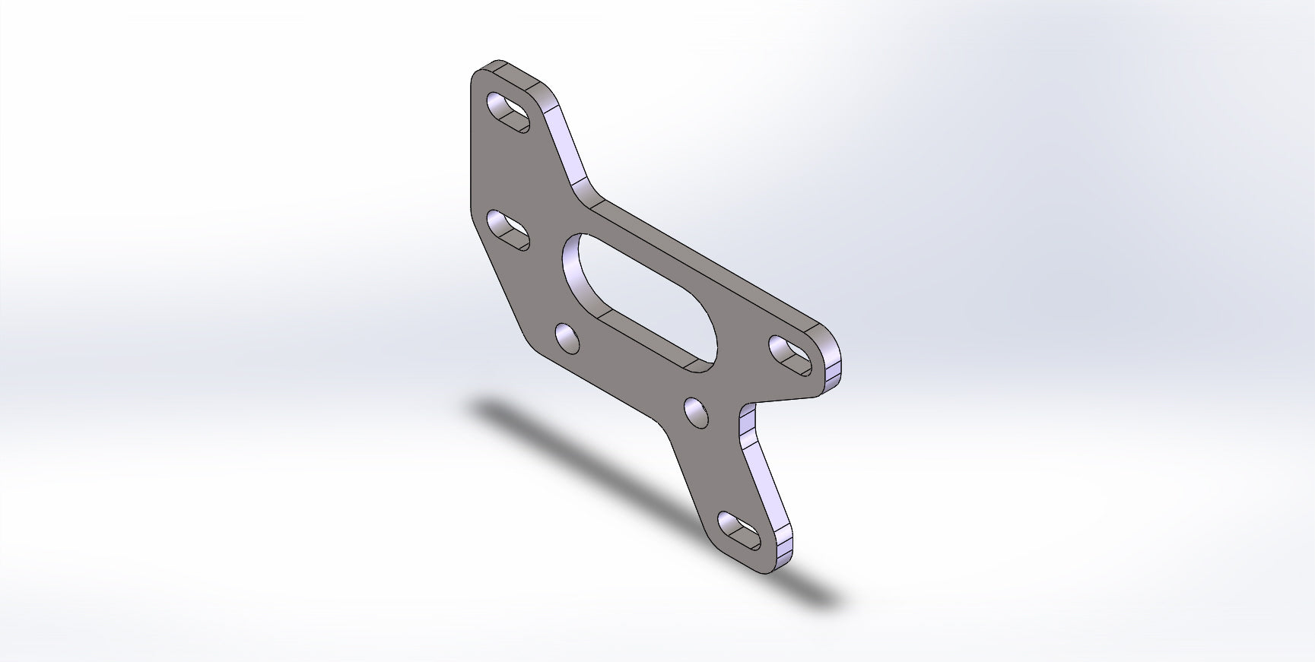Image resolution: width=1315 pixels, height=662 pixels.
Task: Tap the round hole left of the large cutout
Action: [567, 337]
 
